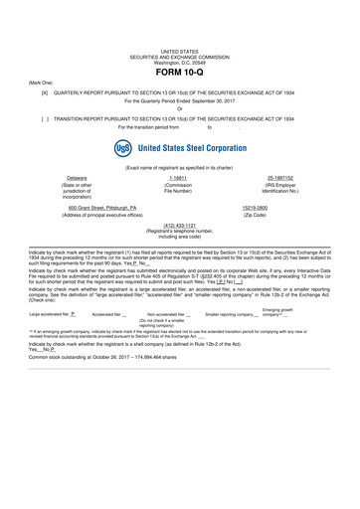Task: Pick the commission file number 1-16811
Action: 179,177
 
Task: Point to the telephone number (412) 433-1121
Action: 179,225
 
